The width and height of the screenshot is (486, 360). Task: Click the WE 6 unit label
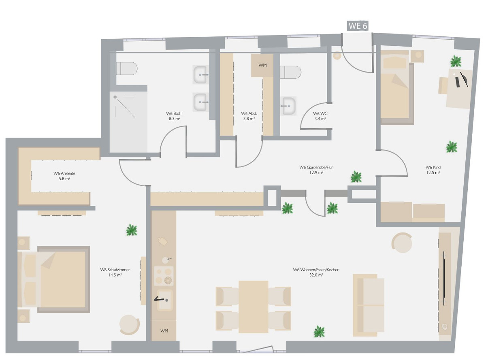pos(358,26)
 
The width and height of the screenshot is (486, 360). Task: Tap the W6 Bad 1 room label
pos(174,113)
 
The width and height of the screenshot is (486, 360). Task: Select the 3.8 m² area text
pos(249,119)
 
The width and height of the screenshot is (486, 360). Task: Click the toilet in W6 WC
pos(290,72)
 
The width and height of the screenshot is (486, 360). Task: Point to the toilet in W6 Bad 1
pos(127,68)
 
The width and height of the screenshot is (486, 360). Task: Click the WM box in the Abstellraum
pos(262,65)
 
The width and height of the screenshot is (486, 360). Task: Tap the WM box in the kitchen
pos(164,330)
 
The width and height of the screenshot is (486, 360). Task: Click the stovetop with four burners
pos(164,276)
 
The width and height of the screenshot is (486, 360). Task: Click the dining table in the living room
pos(253,307)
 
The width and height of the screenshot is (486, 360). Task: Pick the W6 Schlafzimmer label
pos(115,270)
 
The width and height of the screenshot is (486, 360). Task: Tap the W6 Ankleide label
pos(64,173)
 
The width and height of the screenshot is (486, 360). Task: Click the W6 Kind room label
pos(433,167)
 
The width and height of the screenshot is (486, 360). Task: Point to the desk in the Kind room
pos(459,89)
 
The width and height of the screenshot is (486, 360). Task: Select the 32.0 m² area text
pos(316,275)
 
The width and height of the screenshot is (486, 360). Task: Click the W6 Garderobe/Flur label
pos(316,167)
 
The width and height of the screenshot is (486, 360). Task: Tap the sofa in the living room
pos(369,305)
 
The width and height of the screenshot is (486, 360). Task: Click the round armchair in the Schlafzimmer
pos(130,325)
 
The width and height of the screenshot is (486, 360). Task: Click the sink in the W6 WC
pos(289,106)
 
